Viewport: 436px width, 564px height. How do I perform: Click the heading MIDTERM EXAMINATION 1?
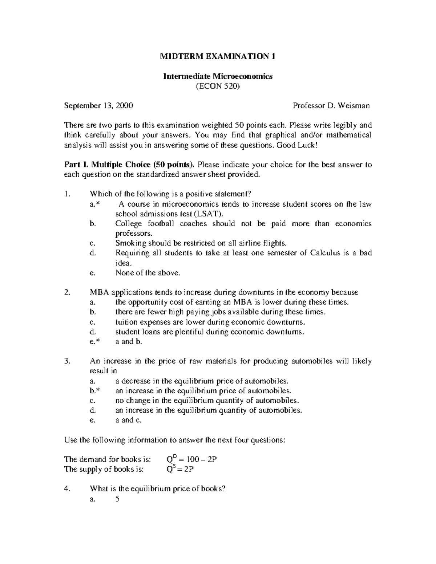pos(218,57)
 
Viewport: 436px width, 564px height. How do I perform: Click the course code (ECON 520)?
pos(218,86)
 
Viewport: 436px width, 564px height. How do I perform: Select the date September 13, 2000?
pos(98,106)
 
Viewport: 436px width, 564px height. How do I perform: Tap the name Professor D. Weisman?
pos(331,106)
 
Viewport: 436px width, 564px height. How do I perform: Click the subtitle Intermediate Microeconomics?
pos(218,76)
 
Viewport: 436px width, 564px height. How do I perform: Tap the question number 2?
pos(66,292)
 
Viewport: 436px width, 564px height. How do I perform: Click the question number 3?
pos(66,361)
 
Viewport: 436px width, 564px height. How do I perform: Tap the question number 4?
pos(66,489)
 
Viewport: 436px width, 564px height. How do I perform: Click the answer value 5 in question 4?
pos(117,499)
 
